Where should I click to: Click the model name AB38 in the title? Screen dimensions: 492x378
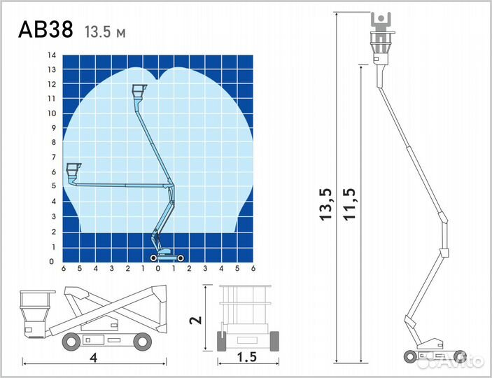(45, 29)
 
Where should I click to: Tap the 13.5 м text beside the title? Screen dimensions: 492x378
(105, 32)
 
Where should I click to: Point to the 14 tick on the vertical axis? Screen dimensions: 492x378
(52, 55)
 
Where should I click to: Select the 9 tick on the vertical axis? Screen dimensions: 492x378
(54, 128)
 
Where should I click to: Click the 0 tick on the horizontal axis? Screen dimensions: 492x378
(158, 268)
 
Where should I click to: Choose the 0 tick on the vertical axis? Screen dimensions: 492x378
(52, 261)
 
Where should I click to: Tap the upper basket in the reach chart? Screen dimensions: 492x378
(139, 92)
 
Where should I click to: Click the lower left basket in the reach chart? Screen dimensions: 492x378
(73, 171)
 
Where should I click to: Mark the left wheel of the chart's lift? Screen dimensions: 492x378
(153, 258)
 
